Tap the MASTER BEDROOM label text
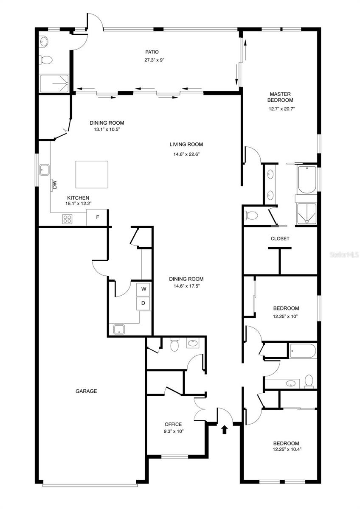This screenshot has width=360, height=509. pos(280,97)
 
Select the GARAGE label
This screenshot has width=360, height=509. pos(87,391)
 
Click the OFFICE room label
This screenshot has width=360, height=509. pos(173,424)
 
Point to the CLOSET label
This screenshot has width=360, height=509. pos(280,238)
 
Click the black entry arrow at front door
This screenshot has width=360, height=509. pos(225,430)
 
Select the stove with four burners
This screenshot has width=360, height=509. pos(67,219)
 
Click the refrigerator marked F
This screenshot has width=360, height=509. pos(97,218)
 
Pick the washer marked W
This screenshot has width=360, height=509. pos(143,289)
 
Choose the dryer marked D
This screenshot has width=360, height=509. pos(143,303)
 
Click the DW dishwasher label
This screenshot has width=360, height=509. pos(54,185)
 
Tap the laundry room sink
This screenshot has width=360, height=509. pos(118,329)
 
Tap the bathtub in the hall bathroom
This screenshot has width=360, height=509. pos(303,351)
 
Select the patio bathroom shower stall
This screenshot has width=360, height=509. pos(54,83)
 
